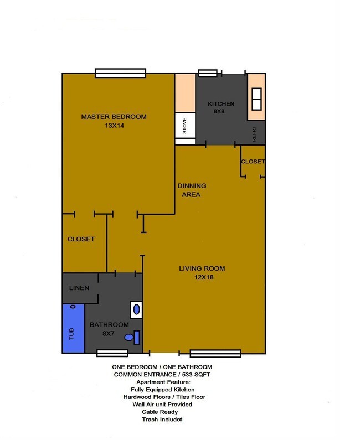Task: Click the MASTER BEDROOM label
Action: tap(114, 116)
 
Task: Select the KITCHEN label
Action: tap(221, 104)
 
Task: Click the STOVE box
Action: tap(185, 126)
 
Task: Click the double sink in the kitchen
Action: tap(256, 100)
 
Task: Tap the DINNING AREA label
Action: tap(191, 190)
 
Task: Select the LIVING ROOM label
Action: tap(202, 268)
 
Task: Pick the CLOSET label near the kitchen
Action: tap(253, 162)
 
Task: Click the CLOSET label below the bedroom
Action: tap(81, 239)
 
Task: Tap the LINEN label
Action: tap(79, 288)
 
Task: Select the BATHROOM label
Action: tap(109, 324)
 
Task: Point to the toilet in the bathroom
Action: tap(132, 336)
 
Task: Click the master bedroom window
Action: tap(120, 73)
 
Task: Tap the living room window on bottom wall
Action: tap(215, 353)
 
